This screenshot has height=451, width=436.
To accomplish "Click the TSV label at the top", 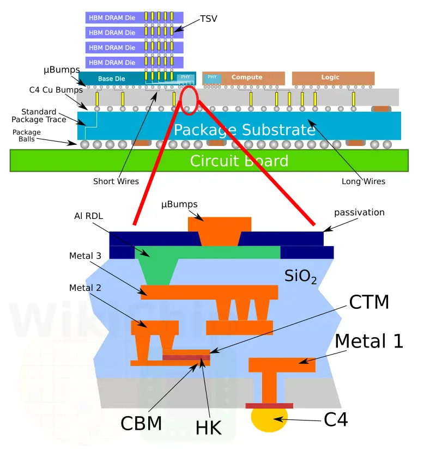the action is (x=208, y=19).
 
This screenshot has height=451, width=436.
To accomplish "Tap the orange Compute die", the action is (x=244, y=78).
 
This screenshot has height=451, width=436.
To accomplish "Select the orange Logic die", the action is (x=333, y=78).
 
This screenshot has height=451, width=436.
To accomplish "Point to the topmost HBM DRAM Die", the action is (x=135, y=17).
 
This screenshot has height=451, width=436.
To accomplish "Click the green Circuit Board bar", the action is (x=209, y=161).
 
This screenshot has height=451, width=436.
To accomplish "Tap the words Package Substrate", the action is (x=245, y=130).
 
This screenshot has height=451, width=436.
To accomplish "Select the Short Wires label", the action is (x=116, y=181).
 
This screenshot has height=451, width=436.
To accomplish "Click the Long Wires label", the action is (x=364, y=181).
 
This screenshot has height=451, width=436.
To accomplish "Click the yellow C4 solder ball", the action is (x=269, y=419).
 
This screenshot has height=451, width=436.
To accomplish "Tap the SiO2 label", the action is (x=300, y=276).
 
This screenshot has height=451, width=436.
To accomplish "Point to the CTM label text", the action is (x=369, y=302).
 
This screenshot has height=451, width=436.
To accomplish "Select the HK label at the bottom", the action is (x=209, y=428).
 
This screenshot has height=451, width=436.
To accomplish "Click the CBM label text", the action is (x=141, y=423).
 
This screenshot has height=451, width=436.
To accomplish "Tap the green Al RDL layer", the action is (x=207, y=252).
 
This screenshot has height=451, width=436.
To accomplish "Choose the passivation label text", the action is (x=359, y=212).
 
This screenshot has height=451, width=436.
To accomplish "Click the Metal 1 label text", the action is (x=369, y=341).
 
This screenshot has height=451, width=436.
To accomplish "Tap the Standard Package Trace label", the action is (x=39, y=115).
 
